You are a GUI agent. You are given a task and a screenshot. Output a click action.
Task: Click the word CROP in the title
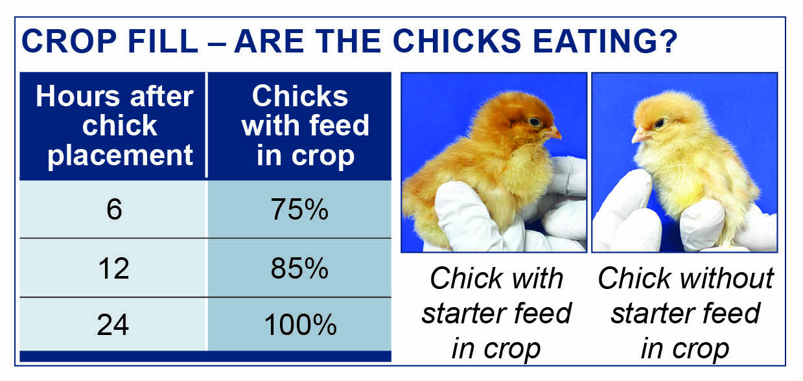click(69, 41)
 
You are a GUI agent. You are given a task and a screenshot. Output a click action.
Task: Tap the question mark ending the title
click(666, 41)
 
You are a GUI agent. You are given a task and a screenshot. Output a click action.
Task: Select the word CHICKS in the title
click(457, 41)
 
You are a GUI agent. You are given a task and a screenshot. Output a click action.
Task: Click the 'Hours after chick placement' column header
click(113, 126)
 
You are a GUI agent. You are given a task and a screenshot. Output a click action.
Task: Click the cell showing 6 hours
click(113, 209)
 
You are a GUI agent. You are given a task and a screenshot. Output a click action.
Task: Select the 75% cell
click(299, 209)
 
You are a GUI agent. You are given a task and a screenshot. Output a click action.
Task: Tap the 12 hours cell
click(113, 268)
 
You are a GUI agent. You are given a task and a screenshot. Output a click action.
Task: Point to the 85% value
click(299, 268)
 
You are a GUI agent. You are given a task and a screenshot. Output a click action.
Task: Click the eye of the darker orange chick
click(535, 122)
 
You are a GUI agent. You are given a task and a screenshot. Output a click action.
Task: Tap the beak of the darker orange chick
click(553, 133)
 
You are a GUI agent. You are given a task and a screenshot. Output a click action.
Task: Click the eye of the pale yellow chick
click(659, 123)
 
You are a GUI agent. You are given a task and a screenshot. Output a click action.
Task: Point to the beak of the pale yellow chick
click(640, 137)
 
